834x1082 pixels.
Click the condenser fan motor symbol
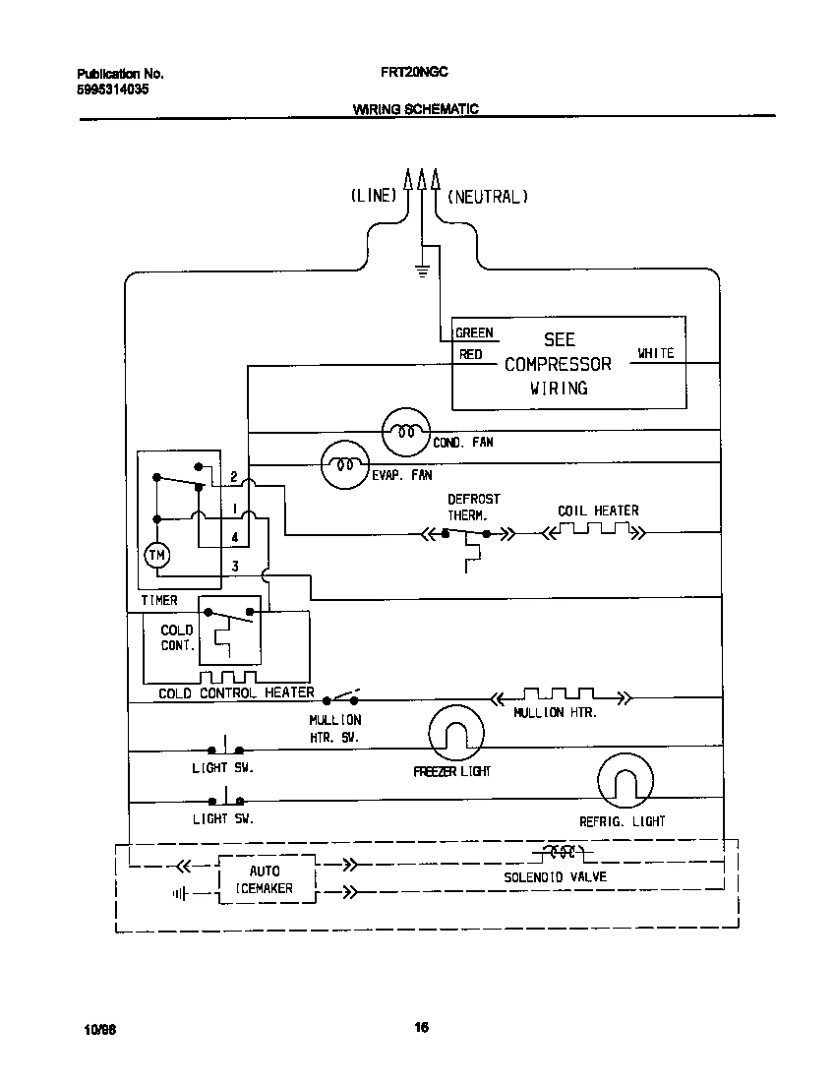coord(406,432)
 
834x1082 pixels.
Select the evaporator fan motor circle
coord(345,463)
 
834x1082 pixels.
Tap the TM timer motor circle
coord(157,556)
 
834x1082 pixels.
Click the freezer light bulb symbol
coord(457,733)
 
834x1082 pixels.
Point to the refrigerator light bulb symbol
coord(625,782)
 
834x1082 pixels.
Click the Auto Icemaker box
coord(266,879)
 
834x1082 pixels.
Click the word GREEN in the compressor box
coord(474,333)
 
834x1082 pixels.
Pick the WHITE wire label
coord(655,353)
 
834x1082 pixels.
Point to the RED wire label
coord(471,354)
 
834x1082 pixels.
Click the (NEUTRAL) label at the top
coord(488,197)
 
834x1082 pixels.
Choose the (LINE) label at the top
coord(373,197)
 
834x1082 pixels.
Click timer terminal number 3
coord(234,566)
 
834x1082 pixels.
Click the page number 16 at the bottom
coord(420,1028)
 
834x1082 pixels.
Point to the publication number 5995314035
coord(113,89)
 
